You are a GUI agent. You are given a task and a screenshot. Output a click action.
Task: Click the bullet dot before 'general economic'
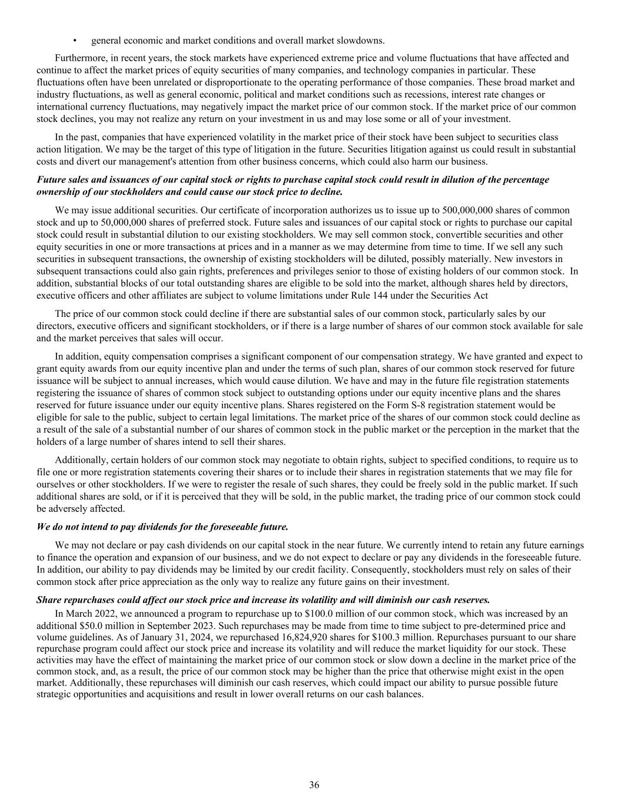tap(75, 41)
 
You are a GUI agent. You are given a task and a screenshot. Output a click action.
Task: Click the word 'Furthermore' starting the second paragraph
tap(79, 58)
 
